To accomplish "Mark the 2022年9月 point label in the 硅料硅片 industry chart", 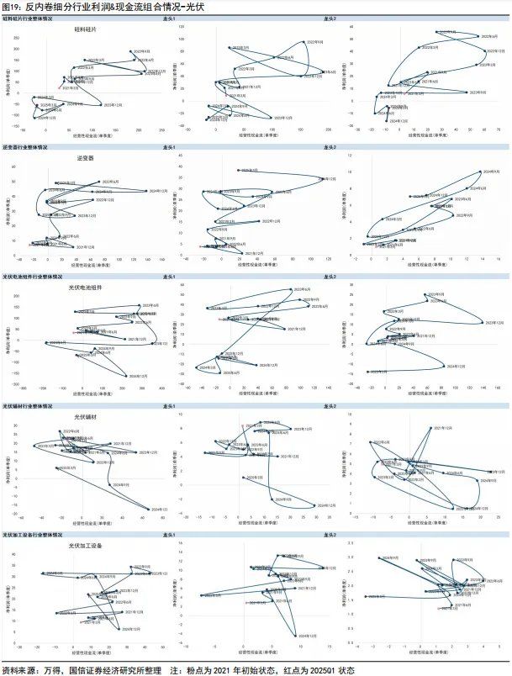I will pyautogui.click(x=140, y=51).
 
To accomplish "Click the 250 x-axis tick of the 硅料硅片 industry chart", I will pyautogui.click(x=162, y=130).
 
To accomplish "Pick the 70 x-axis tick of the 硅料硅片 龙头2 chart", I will pyautogui.click(x=498, y=130).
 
